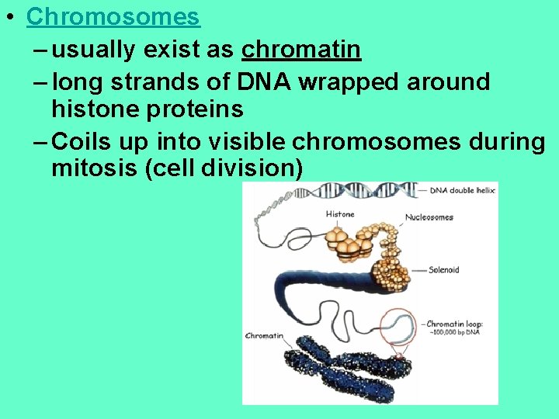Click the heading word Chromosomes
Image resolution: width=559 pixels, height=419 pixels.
pyautogui.click(x=113, y=16)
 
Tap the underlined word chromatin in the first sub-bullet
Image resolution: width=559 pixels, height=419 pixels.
pyautogui.click(x=301, y=50)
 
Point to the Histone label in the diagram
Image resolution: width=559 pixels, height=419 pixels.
pyautogui.click(x=340, y=214)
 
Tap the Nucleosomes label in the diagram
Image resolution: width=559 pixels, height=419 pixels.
pyautogui.click(x=429, y=217)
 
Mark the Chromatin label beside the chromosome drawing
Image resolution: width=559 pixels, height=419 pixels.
pyautogui.click(x=264, y=337)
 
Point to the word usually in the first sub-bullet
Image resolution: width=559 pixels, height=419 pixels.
pyautogui.click(x=99, y=50)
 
